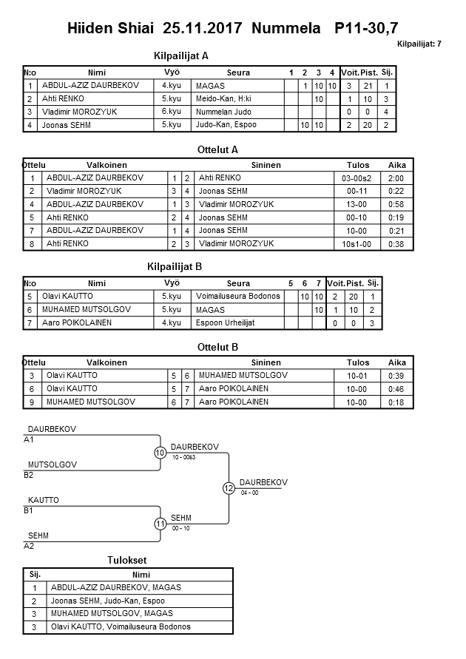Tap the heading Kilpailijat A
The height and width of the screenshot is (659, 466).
coord(180,55)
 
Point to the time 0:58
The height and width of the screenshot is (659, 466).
coord(396,204)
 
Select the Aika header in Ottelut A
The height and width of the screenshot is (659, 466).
coord(396,165)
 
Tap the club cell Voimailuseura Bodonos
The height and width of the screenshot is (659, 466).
coord(239,296)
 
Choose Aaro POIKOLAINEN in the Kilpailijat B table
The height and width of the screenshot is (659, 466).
coord(75,322)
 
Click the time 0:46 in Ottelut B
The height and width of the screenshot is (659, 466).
coord(396,388)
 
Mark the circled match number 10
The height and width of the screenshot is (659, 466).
coord(161,453)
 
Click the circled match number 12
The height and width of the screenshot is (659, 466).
coord(229,488)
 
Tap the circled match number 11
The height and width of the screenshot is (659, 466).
coord(161,524)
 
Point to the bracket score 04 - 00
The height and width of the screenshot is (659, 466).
coord(250,493)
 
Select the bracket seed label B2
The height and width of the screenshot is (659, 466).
coord(29,476)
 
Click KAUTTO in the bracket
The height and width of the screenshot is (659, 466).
coord(43,501)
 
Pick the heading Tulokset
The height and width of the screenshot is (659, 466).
coord(129,561)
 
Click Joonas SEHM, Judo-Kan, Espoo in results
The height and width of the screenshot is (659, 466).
coord(107,601)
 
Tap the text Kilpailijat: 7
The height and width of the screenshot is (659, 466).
coord(419,44)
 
